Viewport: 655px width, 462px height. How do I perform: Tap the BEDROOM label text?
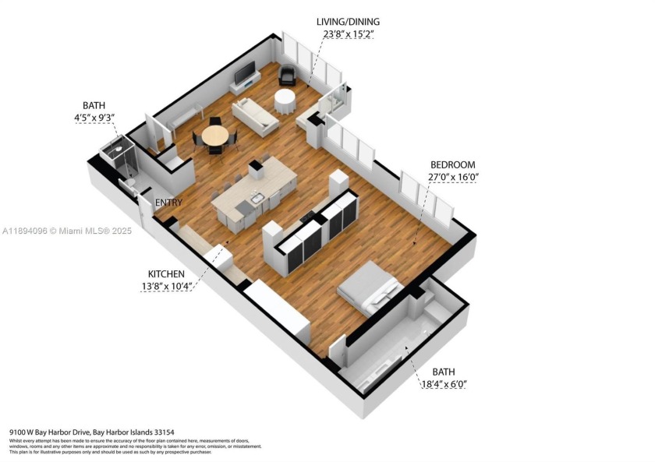452,165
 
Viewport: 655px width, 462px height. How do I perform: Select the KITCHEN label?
166,274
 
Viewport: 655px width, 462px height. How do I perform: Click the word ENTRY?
168,203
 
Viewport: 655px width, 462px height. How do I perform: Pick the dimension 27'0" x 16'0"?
452,177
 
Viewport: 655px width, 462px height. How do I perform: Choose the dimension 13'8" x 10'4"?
166,286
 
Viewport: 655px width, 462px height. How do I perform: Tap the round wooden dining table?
215,136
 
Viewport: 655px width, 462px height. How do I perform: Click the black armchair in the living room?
288,76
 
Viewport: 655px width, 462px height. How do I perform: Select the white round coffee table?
285,100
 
